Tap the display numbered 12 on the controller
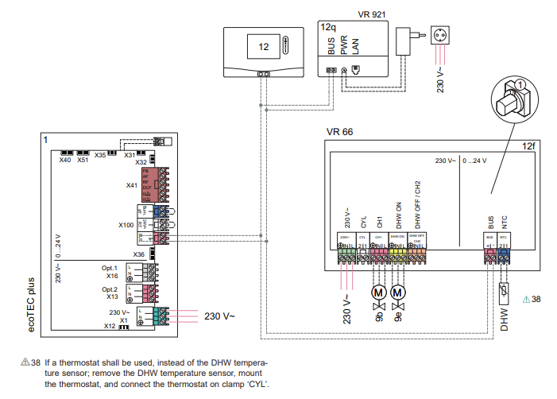tap(263, 47)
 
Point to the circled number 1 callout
tap(518, 83)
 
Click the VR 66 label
tap(338, 131)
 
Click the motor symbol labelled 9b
tap(377, 292)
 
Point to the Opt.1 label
tap(110, 268)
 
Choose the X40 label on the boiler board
tap(65, 160)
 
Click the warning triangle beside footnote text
tap(25, 362)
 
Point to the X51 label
tap(83, 160)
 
